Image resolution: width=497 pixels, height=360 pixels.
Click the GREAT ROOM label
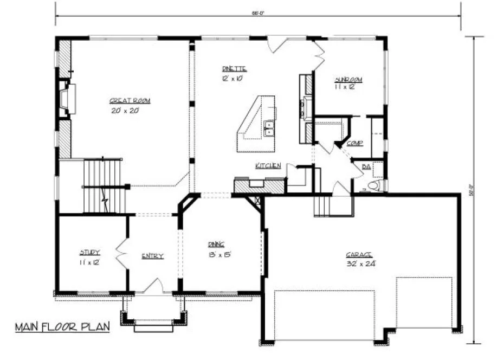pyautogui.click(x=130, y=101)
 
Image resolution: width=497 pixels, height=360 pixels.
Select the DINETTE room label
pyautogui.click(x=234, y=69)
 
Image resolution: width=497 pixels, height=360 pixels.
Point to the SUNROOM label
pyautogui.click(x=348, y=80)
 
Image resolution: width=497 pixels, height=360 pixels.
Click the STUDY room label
pyautogui.click(x=89, y=252)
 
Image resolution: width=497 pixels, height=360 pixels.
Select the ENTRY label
pyautogui.click(x=152, y=256)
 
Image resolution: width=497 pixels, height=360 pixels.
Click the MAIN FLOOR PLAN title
pyautogui.click(x=62, y=326)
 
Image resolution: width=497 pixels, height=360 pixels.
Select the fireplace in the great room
pyautogui.click(x=67, y=99)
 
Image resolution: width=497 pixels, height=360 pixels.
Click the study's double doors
pyautogui.click(x=121, y=254)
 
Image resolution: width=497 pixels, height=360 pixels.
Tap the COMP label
pyautogui.click(x=354, y=143)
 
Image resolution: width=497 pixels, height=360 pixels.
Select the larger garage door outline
pyautogui.click(x=324, y=315)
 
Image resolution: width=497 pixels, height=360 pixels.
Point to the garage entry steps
pyautogui.click(x=324, y=205)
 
